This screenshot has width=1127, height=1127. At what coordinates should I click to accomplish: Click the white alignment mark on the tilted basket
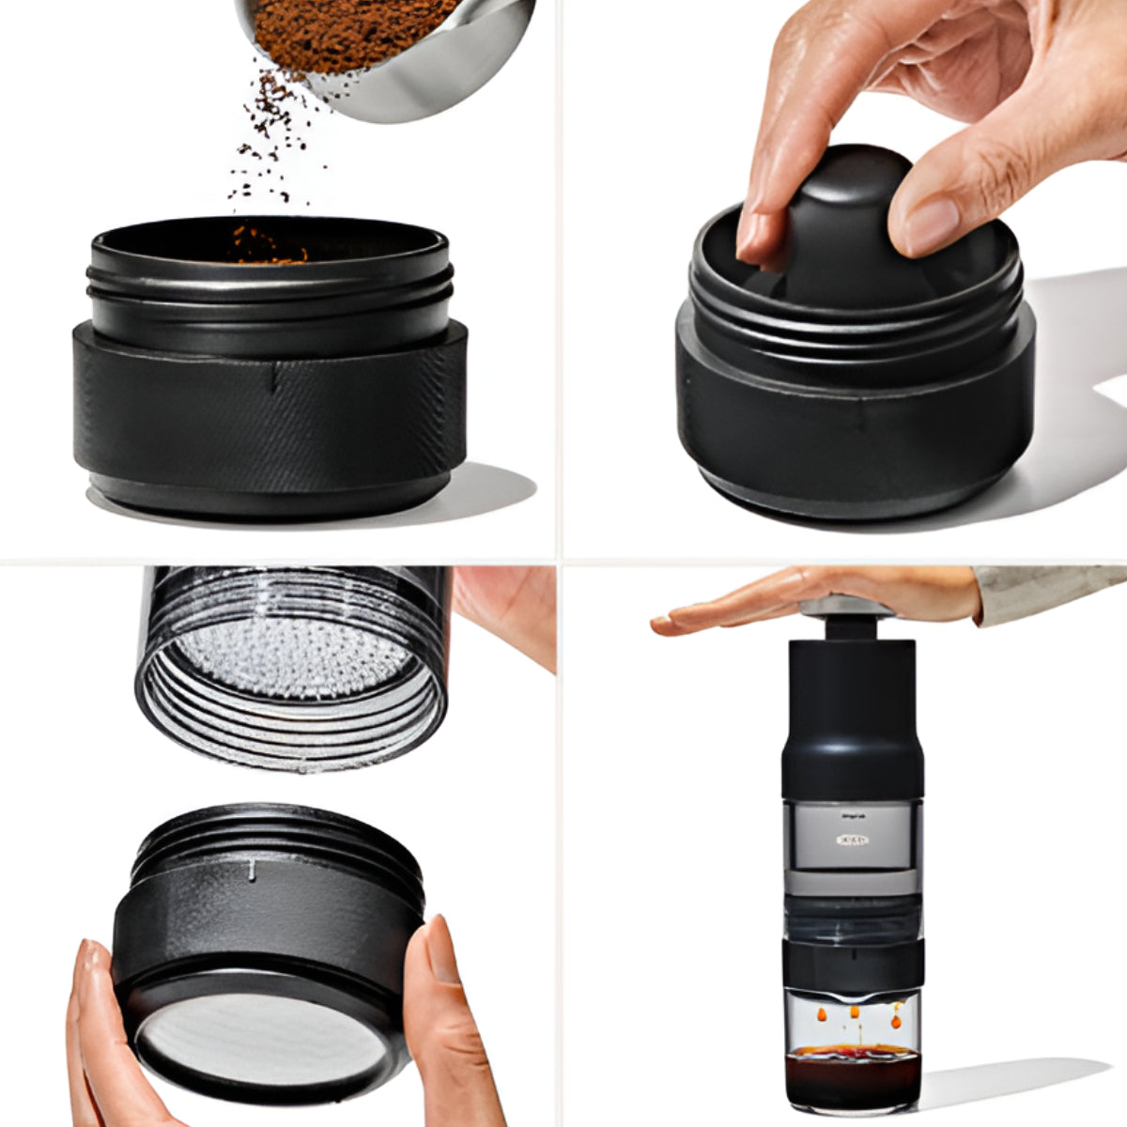[x=252, y=873]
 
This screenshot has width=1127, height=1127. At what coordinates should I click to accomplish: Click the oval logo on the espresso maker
[x=850, y=840]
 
